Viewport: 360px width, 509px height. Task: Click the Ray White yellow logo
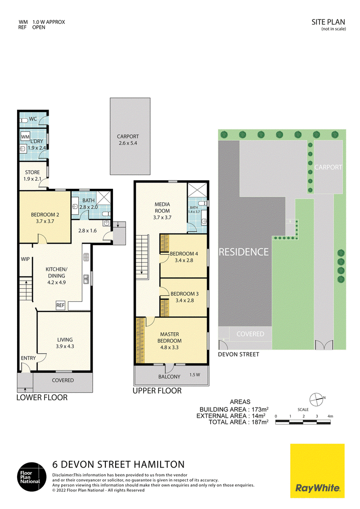click(317, 471)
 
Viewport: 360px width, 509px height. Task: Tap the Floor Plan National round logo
click(31, 477)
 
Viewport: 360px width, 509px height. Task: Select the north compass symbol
click(317, 400)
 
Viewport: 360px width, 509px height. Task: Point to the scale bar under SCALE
click(303, 422)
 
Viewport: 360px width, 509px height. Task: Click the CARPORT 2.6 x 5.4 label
click(128, 140)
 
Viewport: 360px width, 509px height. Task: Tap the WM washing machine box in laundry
click(25, 137)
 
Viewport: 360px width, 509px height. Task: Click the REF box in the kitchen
click(60, 305)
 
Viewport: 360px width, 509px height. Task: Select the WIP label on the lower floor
click(25, 259)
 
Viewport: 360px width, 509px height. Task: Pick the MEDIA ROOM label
click(162, 211)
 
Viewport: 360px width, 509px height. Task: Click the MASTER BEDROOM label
click(169, 341)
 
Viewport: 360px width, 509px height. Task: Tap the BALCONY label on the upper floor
click(169, 376)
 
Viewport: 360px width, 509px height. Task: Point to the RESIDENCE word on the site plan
click(244, 252)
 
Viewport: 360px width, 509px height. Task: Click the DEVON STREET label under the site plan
click(238, 354)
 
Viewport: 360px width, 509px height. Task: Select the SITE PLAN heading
click(328, 22)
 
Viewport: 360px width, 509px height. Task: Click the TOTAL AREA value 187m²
click(260, 422)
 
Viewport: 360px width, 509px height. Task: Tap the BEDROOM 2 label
click(45, 218)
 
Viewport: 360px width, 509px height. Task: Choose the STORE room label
click(32, 176)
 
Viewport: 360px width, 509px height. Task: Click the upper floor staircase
click(142, 257)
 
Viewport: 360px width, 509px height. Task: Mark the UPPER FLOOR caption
click(157, 391)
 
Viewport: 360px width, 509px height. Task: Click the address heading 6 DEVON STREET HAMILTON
click(118, 464)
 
